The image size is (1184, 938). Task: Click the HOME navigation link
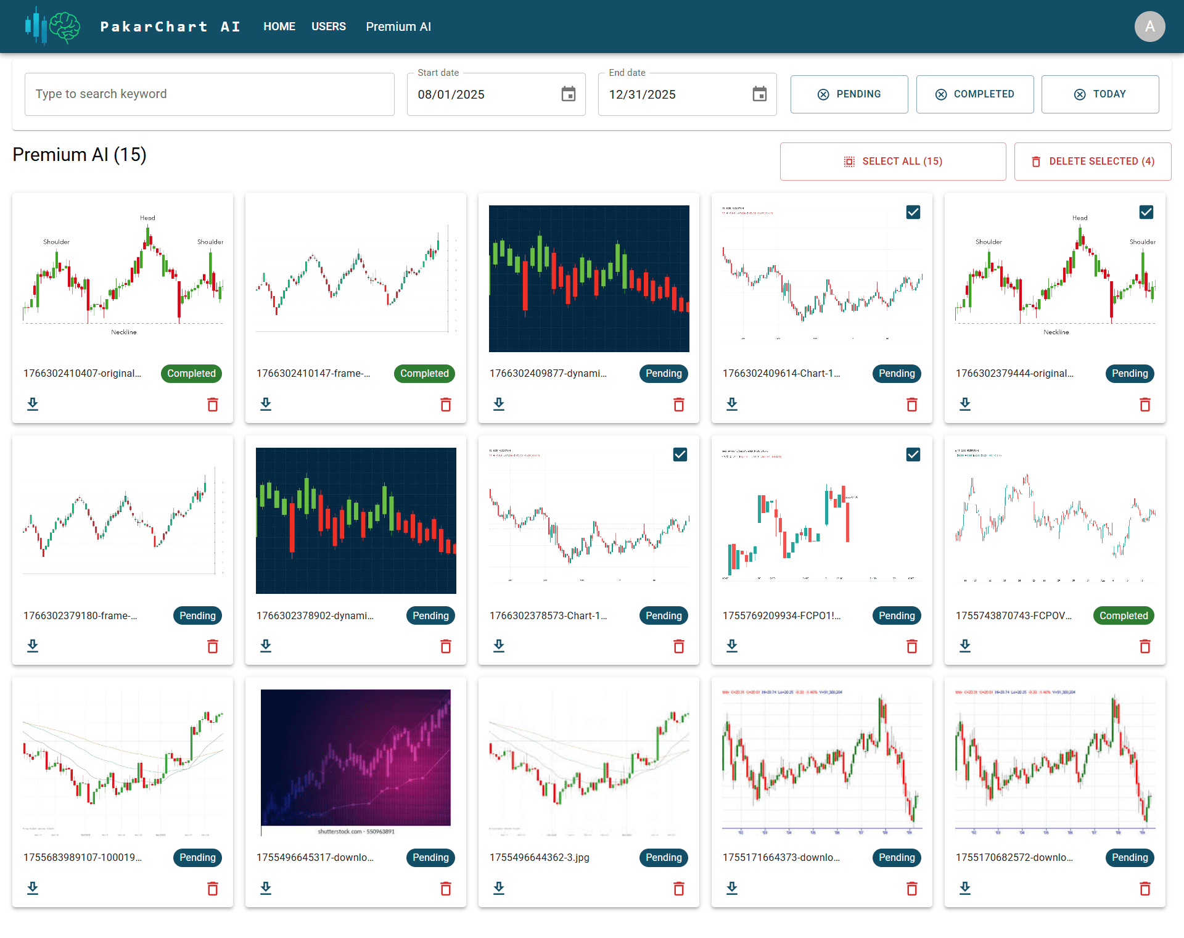(x=279, y=27)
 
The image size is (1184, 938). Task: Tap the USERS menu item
(x=329, y=27)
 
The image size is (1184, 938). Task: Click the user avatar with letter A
(x=1149, y=27)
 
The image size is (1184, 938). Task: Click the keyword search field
(x=210, y=94)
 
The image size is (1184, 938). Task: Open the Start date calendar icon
(x=569, y=94)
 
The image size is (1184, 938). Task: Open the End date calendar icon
(x=760, y=94)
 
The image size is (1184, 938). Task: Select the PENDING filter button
(x=849, y=94)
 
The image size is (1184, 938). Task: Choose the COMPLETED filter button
(x=975, y=94)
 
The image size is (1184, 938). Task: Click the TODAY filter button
(x=1100, y=94)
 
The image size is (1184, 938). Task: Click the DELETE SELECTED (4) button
(x=1093, y=162)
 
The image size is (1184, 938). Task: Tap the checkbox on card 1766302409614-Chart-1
(x=913, y=212)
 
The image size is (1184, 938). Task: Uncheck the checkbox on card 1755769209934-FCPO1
(x=913, y=455)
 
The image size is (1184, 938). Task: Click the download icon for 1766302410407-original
(x=33, y=405)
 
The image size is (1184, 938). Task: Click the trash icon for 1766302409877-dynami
(x=679, y=405)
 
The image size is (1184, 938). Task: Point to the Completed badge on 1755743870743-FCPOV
(x=1124, y=615)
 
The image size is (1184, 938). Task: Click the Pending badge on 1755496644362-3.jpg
(x=664, y=857)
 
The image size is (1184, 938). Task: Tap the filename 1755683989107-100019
(x=83, y=857)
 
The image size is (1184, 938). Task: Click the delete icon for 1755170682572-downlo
(x=1145, y=889)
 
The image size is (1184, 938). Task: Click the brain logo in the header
(x=64, y=27)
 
